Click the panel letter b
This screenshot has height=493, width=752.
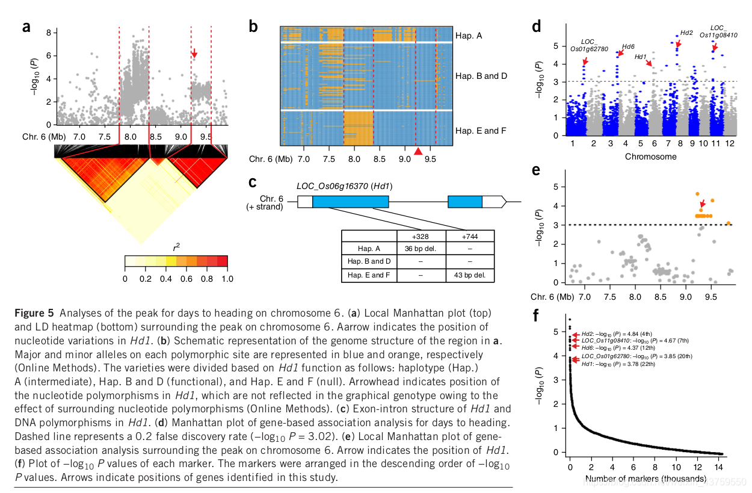point(253,26)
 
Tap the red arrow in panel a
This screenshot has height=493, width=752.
point(194,54)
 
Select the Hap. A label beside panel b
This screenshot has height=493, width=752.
point(469,36)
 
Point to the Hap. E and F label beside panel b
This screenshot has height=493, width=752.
point(481,130)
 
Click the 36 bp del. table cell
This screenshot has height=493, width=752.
point(421,248)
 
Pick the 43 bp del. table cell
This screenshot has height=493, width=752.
point(469,276)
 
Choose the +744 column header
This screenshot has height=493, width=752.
point(470,235)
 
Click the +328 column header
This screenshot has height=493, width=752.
point(421,235)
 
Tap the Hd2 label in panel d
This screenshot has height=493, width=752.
point(686,32)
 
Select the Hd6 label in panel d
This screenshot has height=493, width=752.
point(628,46)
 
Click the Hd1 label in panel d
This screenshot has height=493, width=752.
point(641,57)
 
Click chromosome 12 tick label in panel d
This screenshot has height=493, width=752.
point(729,144)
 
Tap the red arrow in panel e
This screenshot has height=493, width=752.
point(702,205)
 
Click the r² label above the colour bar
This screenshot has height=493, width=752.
point(176,247)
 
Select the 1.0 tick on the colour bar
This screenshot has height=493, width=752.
point(227,279)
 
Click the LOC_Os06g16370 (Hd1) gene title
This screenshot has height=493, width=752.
point(344,187)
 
